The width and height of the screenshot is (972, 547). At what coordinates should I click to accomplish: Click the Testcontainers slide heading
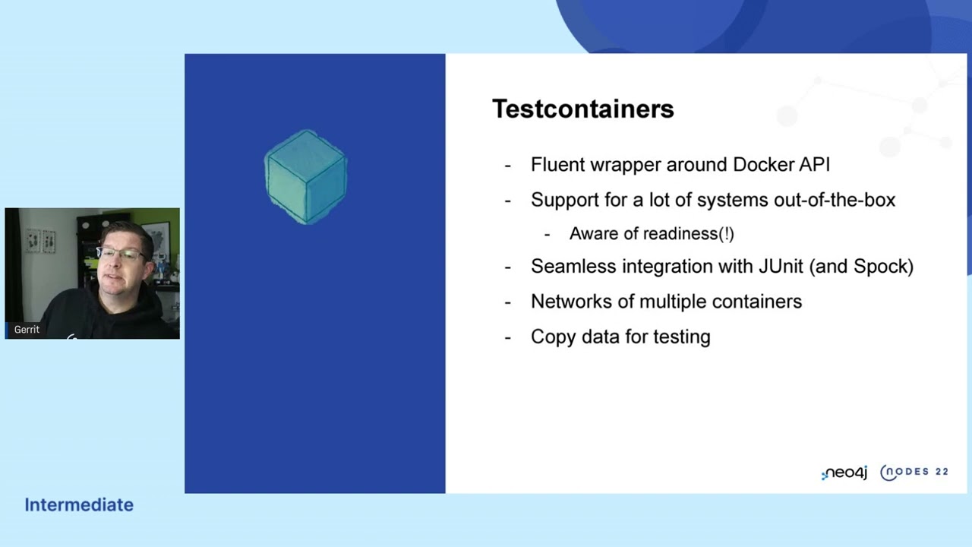coord(582,109)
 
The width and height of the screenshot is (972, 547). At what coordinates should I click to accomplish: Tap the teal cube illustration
coord(306,177)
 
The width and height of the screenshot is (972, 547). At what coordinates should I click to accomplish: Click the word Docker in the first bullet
coord(762,165)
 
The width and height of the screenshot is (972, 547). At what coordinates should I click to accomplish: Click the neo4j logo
coord(844,473)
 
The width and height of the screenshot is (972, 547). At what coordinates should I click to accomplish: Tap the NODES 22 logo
coord(914,472)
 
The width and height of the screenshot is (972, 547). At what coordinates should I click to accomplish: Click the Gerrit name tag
coord(27,330)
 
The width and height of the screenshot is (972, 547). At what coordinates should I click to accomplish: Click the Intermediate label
coord(79,504)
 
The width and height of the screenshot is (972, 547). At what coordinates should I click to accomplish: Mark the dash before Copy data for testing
coord(508,337)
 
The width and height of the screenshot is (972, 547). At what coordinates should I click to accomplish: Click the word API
coord(812,165)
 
